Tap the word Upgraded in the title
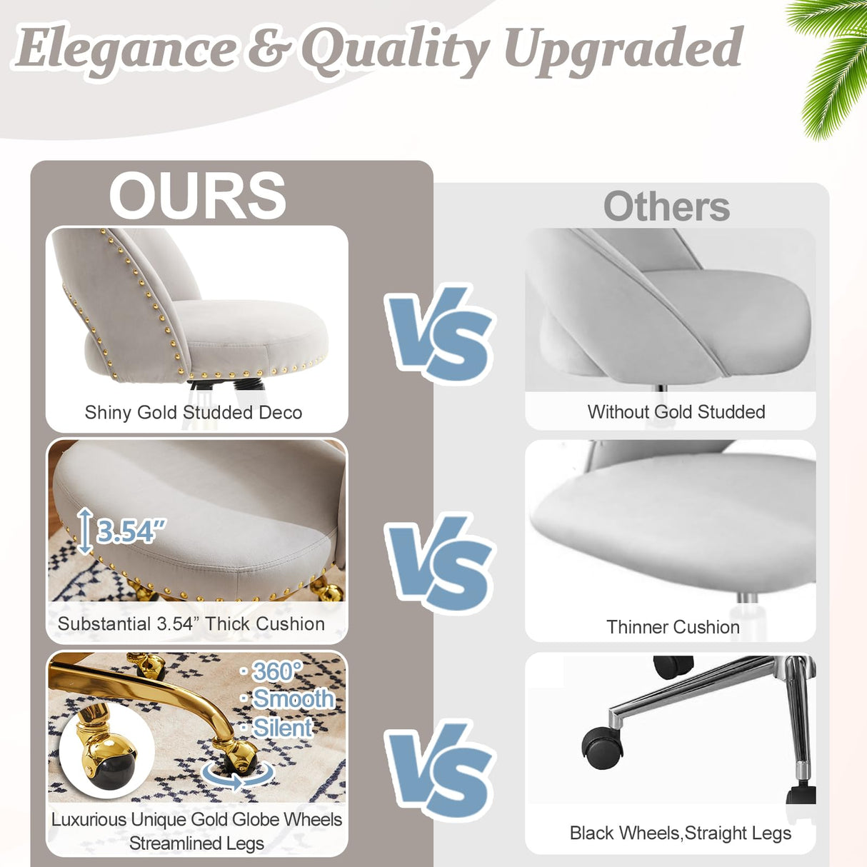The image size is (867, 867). click(623, 49)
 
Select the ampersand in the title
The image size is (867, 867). click(268, 49)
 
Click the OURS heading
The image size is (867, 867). click(197, 196)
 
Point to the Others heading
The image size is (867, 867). click(666, 207)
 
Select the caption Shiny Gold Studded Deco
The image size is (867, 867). click(194, 413)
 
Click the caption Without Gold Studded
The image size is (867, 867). click(676, 412)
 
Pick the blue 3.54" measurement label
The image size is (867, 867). click(131, 531)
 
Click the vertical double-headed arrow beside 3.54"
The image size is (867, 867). click(85, 531)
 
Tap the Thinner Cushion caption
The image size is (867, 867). click(673, 627)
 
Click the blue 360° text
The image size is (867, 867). click(276, 671)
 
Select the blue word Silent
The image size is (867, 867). click(282, 728)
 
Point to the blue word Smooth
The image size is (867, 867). click(293, 698)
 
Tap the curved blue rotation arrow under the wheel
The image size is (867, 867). click(238, 777)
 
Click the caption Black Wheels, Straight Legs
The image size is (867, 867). click(680, 833)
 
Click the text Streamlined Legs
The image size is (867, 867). click(196, 843)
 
